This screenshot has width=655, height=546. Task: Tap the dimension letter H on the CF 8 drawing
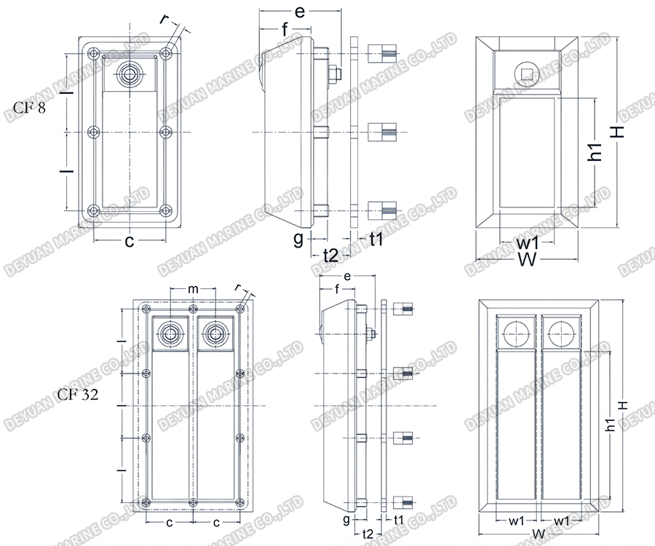[617, 132]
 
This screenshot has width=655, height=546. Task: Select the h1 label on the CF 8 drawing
[596, 151]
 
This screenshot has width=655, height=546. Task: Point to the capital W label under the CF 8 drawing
[528, 260]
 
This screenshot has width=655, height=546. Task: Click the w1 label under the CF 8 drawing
[528, 242]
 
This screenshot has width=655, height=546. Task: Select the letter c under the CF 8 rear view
[130, 242]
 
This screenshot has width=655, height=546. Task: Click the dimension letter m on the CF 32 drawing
[193, 289]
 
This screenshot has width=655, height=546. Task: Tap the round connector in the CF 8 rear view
[131, 74]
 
